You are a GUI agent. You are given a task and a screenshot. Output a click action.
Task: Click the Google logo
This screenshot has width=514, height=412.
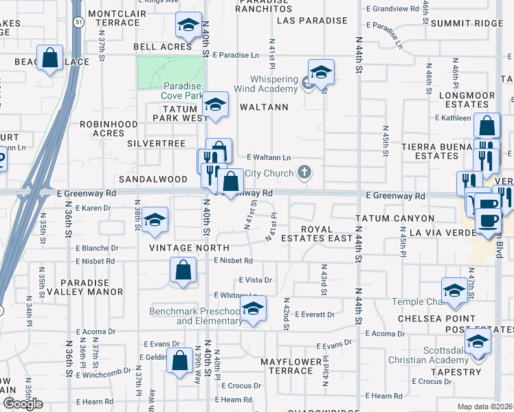click(x=23, y=404)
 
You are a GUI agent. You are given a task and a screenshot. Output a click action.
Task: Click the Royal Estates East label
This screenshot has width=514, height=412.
click(x=326, y=233)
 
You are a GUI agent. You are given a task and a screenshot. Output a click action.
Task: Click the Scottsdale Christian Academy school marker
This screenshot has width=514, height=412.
click(x=478, y=341)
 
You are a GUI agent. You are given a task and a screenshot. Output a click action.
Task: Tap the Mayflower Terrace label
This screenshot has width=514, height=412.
click(x=291, y=366)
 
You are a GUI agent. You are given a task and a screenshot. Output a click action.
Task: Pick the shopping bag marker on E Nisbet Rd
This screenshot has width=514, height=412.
click(x=183, y=270)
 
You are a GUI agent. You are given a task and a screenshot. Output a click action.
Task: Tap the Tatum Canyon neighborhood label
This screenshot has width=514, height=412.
click(x=395, y=218)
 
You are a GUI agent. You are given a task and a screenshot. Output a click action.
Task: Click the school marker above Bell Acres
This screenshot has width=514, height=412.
click(x=188, y=25)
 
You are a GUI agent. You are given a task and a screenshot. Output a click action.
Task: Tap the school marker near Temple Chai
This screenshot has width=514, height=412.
click(x=454, y=290)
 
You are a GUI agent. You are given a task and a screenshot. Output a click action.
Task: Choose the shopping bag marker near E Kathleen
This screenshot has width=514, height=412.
click(x=487, y=126)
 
